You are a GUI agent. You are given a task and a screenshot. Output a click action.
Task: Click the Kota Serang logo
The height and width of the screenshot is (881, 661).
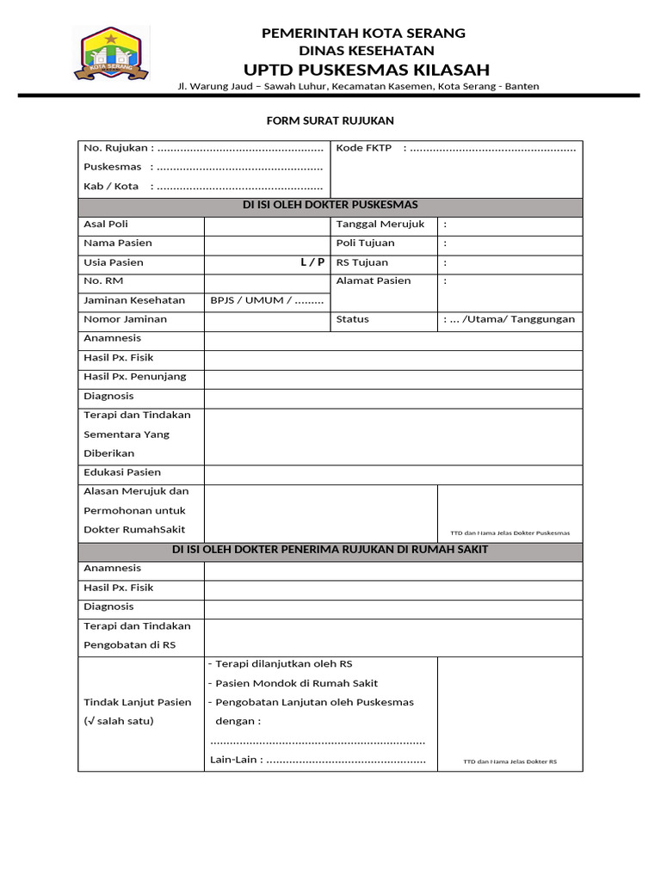click(111, 55)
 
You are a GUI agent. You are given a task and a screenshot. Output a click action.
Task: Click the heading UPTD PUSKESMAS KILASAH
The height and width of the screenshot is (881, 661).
click(365, 70)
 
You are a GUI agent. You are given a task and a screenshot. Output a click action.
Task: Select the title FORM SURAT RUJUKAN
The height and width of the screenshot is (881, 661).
click(330, 121)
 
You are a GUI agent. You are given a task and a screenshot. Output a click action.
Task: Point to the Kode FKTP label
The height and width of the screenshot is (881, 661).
click(364, 148)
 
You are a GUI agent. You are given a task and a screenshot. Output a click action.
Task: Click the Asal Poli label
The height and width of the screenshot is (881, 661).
click(106, 225)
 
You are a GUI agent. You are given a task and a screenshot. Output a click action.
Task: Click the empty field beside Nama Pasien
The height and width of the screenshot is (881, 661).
click(267, 243)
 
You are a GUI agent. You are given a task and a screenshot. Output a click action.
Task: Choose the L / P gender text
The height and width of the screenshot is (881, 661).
click(312, 262)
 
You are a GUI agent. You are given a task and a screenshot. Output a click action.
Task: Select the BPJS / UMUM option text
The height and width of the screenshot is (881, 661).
click(267, 300)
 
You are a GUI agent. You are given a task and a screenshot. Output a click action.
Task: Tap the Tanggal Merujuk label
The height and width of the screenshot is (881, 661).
click(380, 225)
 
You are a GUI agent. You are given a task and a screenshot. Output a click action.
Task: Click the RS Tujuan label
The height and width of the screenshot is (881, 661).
click(362, 262)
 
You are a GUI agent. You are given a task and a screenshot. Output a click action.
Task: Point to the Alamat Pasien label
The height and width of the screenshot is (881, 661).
click(374, 281)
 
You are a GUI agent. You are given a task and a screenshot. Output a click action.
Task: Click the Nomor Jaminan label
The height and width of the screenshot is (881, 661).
click(126, 319)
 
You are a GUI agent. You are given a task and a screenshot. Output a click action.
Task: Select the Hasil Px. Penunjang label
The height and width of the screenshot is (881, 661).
click(134, 377)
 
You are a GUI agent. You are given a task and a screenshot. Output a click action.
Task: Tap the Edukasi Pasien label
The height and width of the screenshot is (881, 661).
click(122, 472)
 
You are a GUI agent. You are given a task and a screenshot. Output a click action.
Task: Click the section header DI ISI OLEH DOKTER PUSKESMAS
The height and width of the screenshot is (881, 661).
click(330, 205)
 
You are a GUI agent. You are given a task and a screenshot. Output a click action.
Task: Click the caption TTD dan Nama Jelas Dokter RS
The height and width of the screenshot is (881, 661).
click(510, 761)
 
